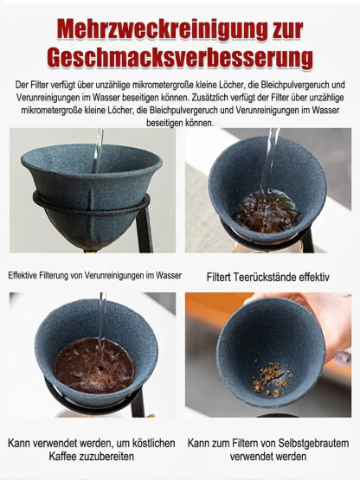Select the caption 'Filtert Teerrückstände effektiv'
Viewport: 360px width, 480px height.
click(x=267, y=278)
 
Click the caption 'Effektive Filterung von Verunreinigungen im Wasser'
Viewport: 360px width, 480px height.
click(x=95, y=276)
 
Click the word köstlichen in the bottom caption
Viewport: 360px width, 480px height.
click(x=148, y=442)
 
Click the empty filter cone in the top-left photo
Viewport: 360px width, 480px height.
click(x=91, y=177)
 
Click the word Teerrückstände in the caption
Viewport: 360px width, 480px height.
click(x=272, y=278)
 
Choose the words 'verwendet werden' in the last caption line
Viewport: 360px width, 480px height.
click(x=268, y=456)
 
